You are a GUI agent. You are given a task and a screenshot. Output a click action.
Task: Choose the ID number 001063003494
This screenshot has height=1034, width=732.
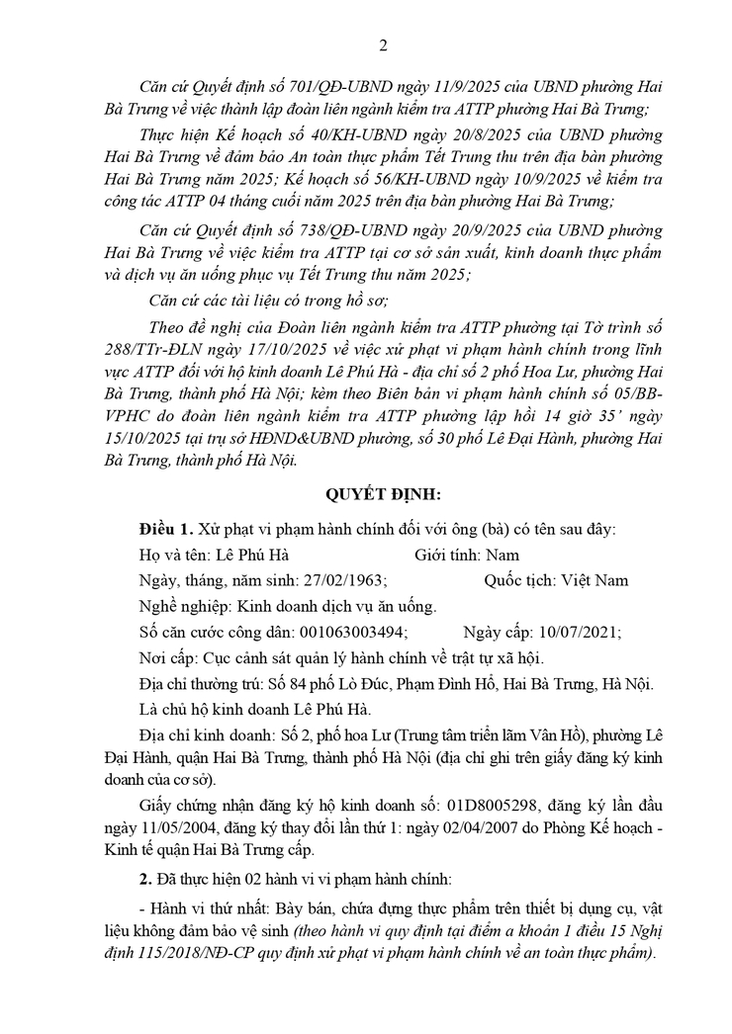(351, 632)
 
